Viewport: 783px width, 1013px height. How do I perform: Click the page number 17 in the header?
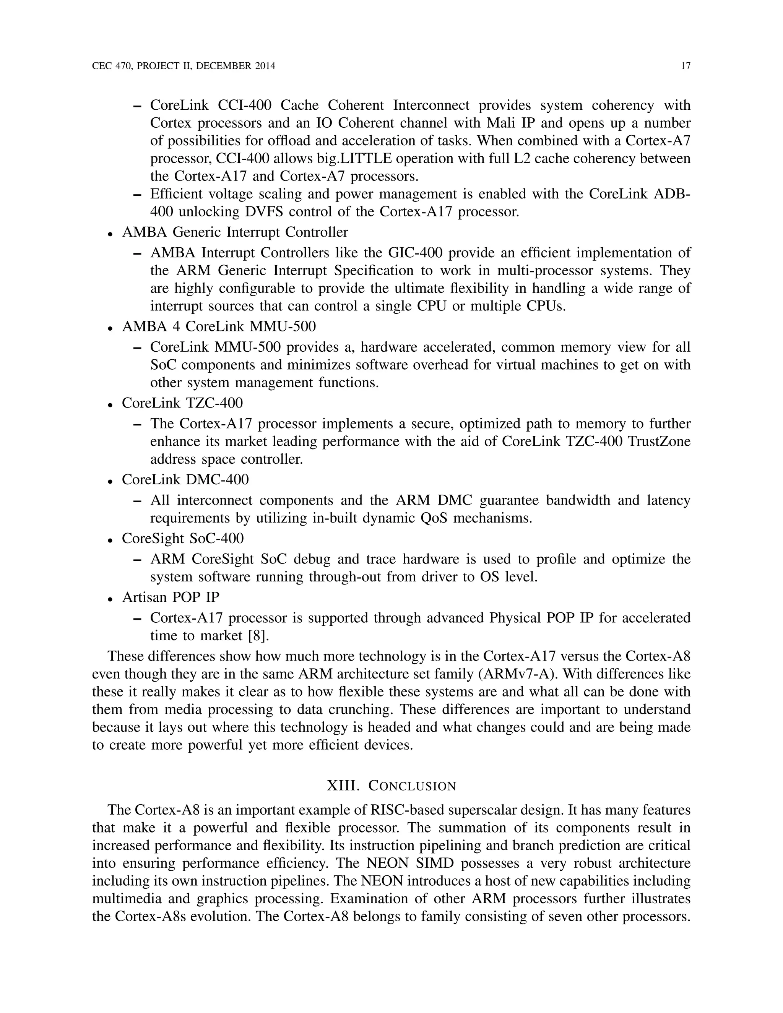coord(686,67)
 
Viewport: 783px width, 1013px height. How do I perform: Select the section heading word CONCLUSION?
coord(412,786)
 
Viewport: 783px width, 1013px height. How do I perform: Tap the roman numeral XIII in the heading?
coord(343,786)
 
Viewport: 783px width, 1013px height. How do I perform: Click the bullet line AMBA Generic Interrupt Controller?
coord(235,232)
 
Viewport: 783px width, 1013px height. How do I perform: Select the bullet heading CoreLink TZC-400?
coord(182,403)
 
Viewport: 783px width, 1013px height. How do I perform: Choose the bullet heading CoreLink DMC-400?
coord(185,480)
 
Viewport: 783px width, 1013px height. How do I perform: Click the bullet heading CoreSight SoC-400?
coord(183,539)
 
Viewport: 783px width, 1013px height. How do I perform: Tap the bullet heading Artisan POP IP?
coord(171,597)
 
